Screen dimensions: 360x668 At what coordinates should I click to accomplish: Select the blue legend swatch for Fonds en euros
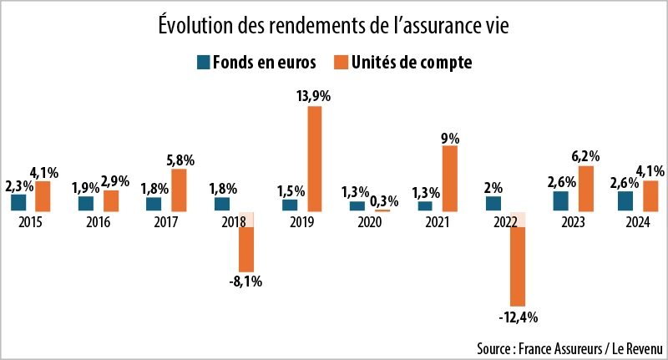202,63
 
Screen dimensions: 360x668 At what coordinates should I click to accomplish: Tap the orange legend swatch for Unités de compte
342,63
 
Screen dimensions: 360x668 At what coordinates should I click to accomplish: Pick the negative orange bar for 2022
518,266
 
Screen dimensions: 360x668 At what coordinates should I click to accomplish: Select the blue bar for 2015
18,203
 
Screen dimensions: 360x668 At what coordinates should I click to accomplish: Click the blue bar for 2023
560,201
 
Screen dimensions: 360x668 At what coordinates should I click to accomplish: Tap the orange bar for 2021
450,178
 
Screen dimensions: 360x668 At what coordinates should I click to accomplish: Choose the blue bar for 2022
493,203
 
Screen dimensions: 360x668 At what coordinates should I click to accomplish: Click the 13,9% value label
314,97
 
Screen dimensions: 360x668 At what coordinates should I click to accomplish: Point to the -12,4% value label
518,317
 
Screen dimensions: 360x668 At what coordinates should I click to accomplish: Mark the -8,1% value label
245,281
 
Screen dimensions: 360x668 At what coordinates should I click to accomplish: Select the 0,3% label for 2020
384,200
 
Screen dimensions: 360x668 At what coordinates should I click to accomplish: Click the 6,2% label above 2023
585,156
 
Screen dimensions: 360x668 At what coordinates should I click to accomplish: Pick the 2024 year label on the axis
639,222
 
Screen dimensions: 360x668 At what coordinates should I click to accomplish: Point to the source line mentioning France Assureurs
569,347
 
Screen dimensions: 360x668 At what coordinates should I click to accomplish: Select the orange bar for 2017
179,190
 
